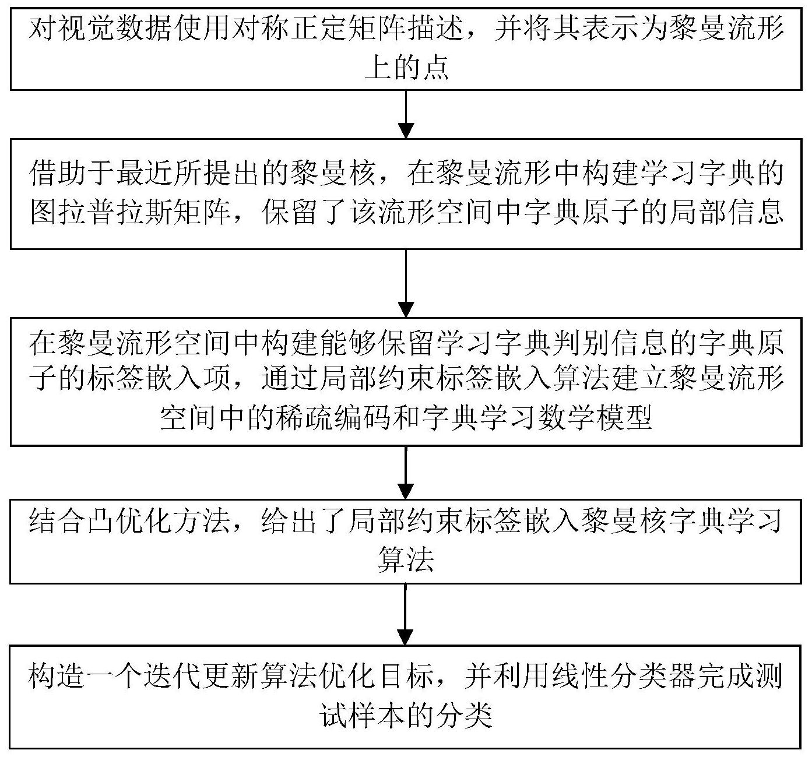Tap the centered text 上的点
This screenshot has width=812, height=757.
click(406, 68)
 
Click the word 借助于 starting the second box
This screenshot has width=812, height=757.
click(72, 173)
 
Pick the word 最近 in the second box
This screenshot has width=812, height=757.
click(144, 173)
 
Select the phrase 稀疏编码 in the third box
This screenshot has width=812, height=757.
click(333, 418)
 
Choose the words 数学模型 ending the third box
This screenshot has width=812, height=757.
click(595, 418)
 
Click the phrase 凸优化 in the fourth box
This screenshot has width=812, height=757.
click(129, 521)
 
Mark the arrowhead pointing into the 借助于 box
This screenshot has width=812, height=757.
click(406, 131)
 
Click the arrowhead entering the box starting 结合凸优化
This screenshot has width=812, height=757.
click(406, 491)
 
